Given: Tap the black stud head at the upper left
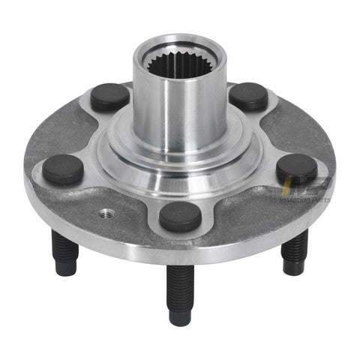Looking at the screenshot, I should coord(109,97).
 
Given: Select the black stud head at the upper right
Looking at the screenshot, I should coord(247,96).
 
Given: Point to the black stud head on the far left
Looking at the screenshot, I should coord(63,169).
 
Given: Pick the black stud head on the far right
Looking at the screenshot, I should coord(296,169).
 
